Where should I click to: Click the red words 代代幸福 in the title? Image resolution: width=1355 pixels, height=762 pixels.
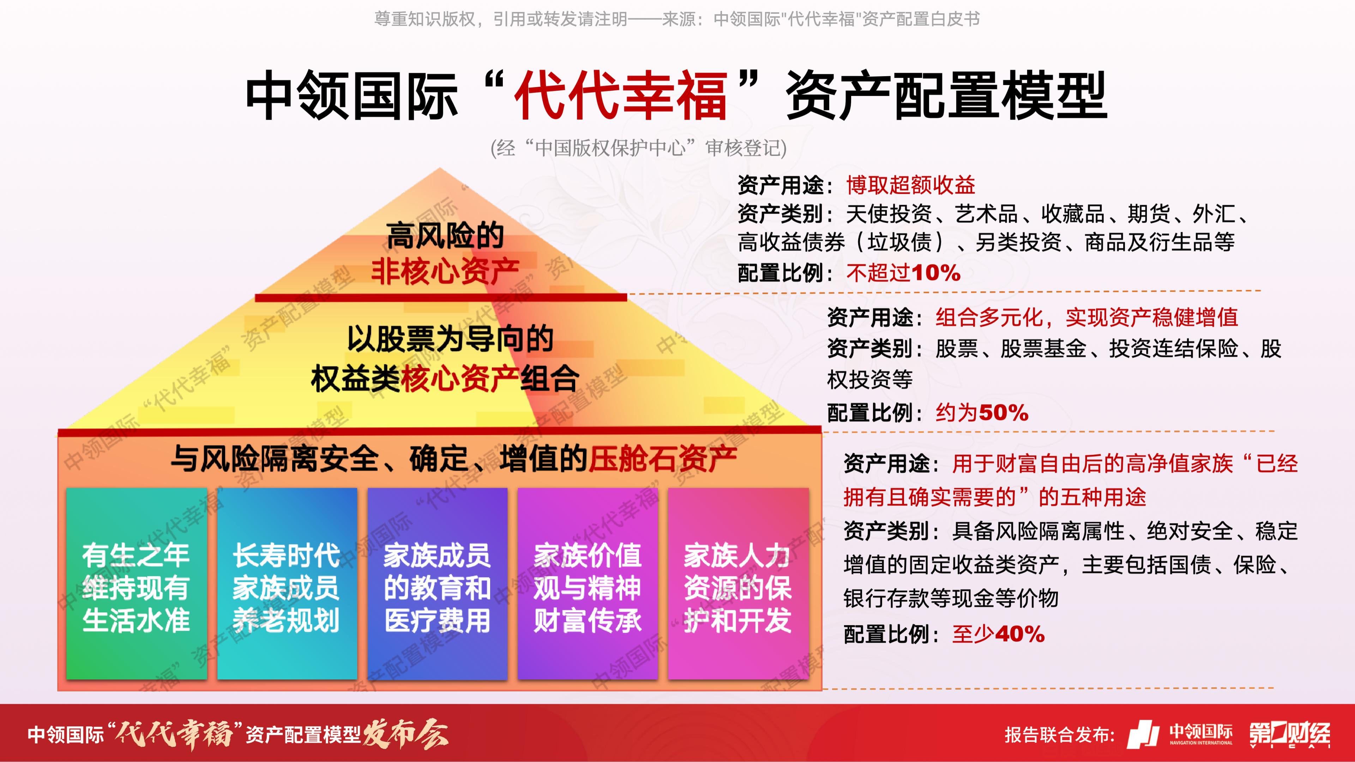[621, 95]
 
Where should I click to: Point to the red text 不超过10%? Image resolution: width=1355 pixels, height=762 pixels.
[903, 273]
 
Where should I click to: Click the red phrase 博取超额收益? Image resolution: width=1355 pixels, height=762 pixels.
[910, 185]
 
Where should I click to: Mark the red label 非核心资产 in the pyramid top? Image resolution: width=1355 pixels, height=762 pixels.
[445, 271]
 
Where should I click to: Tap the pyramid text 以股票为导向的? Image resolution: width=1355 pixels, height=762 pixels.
[450, 339]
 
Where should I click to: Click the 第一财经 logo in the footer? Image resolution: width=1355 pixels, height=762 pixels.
[1290, 734]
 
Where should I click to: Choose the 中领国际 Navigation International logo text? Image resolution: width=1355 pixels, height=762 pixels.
[1201, 734]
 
